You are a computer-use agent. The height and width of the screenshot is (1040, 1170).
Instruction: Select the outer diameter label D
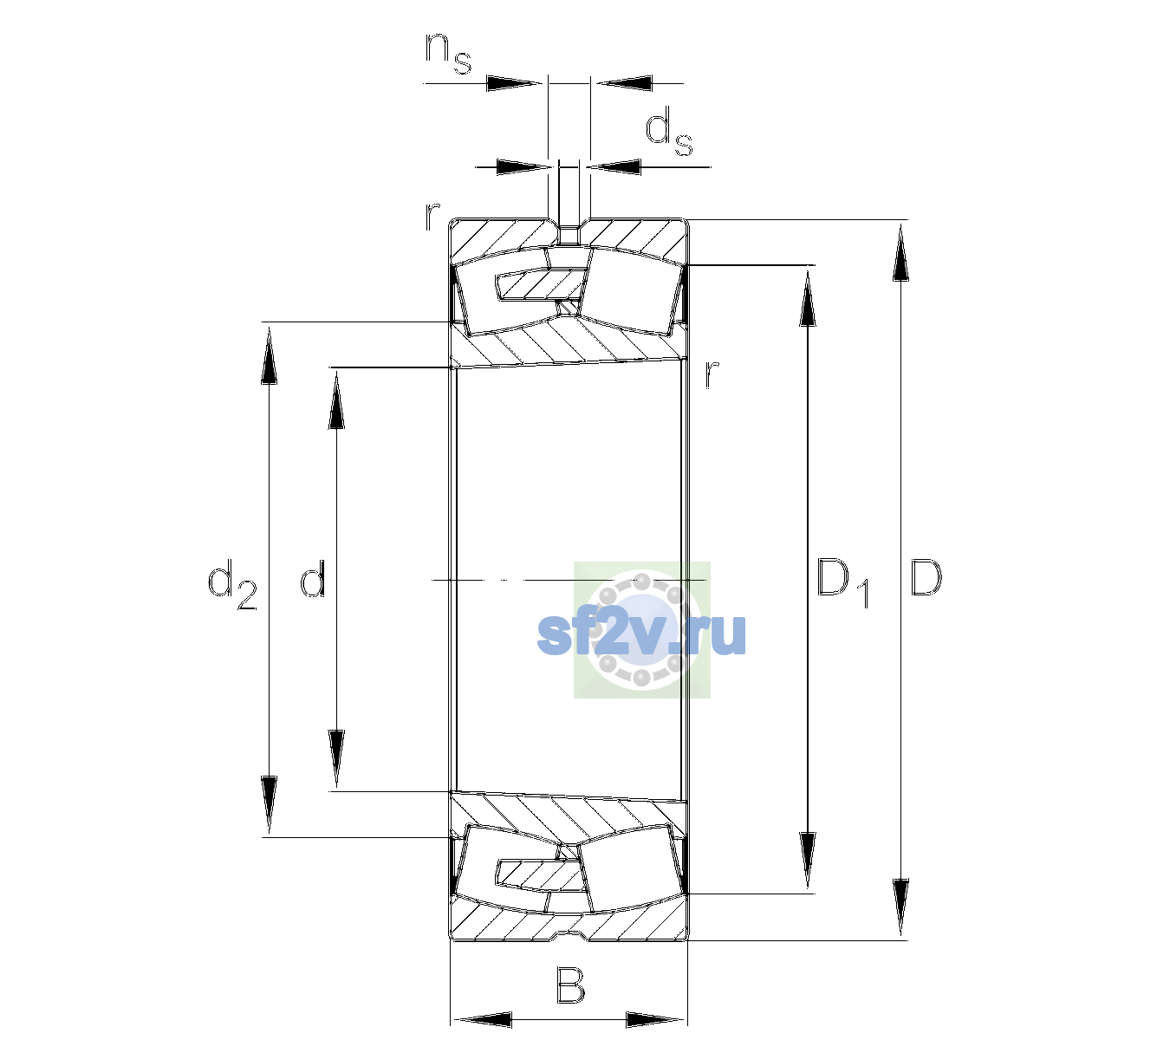coord(926,577)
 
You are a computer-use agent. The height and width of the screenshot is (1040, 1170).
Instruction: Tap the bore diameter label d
coord(313,577)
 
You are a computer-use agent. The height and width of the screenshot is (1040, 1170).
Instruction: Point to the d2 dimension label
coord(232,584)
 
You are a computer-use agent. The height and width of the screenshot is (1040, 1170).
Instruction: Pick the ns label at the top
coord(448,53)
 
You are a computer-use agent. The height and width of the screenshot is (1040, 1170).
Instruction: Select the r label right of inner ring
coord(712,374)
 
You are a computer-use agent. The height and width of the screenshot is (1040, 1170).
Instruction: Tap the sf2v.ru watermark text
coord(641,634)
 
